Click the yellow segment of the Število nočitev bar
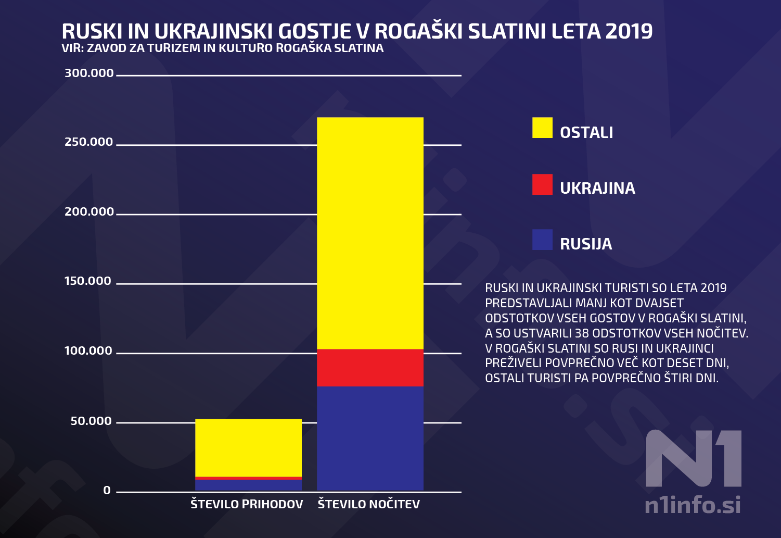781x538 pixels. click(x=370, y=233)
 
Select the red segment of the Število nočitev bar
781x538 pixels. click(x=370, y=367)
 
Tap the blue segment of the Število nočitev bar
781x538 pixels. click(x=370, y=438)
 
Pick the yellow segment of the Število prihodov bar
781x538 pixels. click(x=248, y=447)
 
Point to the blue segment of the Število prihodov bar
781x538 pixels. click(x=248, y=485)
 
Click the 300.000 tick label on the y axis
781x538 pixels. click(x=89, y=73)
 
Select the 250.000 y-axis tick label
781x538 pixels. click(x=89, y=142)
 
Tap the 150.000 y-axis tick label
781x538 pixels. click(x=88, y=281)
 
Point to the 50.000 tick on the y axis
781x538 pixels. click(x=91, y=421)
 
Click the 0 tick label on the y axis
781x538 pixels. click(x=107, y=491)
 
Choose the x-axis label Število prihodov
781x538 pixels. click(x=247, y=504)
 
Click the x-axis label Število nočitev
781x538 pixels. click(x=369, y=504)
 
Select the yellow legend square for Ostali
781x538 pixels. click(x=542, y=128)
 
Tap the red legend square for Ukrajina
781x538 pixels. click(x=542, y=184)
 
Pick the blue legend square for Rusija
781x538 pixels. click(x=542, y=240)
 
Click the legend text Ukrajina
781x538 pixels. click(x=597, y=188)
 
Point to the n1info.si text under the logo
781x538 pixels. click(x=693, y=505)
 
